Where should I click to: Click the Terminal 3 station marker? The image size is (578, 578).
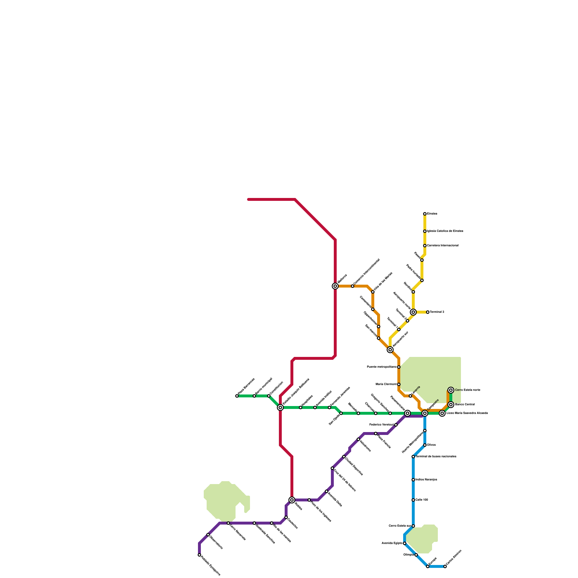[428, 312]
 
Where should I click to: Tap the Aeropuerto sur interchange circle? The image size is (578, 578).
[390, 350]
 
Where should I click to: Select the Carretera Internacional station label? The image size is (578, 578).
[443, 246]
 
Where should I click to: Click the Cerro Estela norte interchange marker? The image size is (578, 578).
[451, 390]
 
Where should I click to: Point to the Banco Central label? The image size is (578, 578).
[465, 405]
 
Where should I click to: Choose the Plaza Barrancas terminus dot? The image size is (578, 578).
[237, 396]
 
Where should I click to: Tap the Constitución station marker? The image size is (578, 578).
[269, 396]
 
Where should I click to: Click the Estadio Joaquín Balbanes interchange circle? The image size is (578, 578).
[280, 407]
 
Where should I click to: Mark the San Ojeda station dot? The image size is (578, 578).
[341, 413]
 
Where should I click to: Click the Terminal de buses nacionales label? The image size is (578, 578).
[436, 457]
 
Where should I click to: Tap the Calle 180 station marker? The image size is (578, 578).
[413, 500]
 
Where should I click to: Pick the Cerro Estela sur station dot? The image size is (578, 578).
[413, 526]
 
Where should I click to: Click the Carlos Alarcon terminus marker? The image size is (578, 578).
[445, 566]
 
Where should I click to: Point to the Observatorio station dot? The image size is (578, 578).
[208, 535]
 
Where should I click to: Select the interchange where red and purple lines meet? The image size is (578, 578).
[292, 500]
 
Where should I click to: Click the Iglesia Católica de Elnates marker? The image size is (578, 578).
[425, 231]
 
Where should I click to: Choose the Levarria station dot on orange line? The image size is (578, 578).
[410, 396]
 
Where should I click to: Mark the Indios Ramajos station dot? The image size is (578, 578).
[413, 480]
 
